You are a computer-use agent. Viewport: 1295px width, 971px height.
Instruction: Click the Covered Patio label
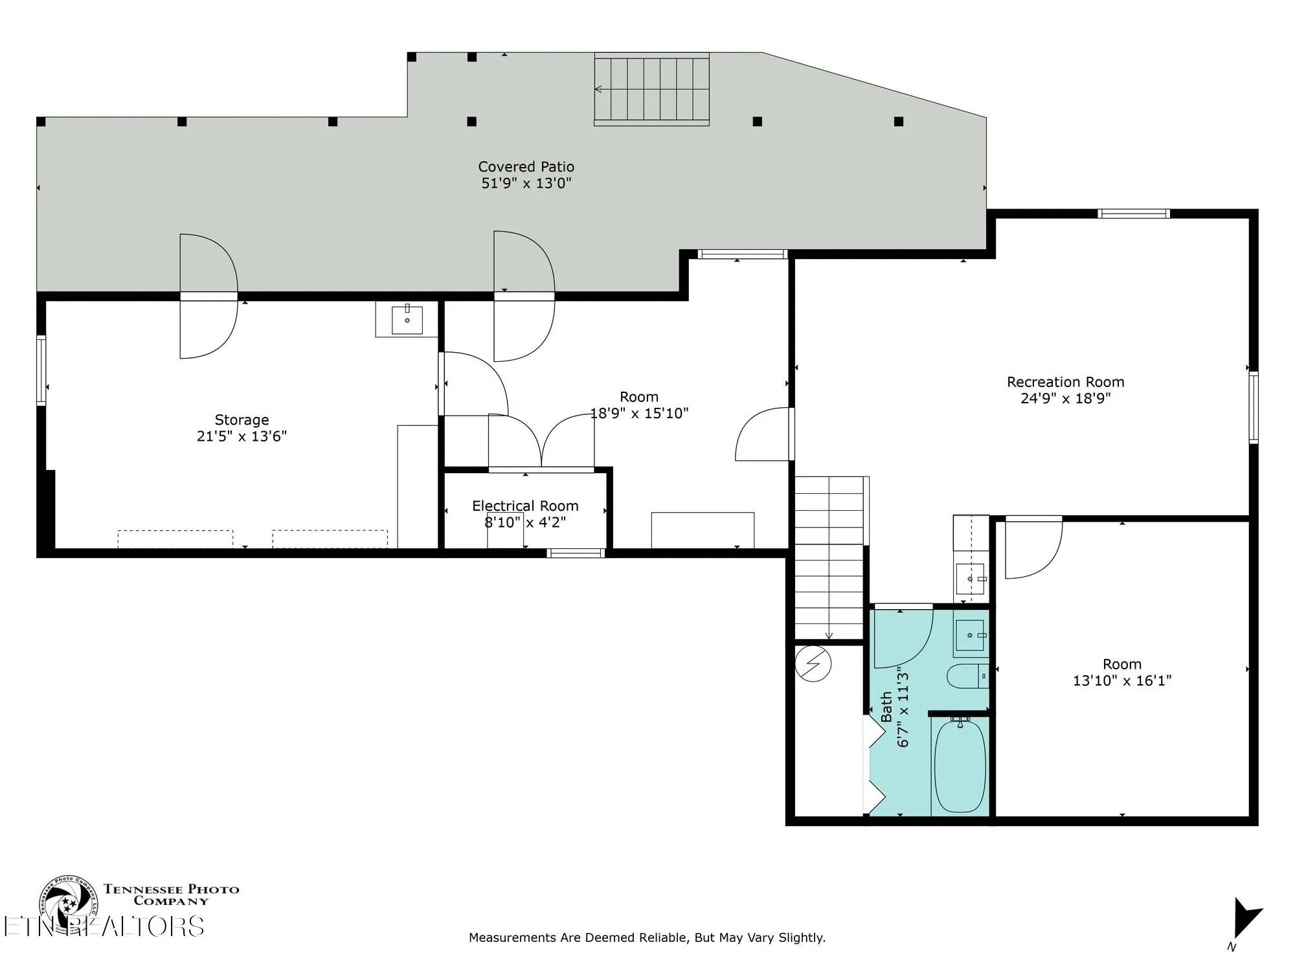tap(526, 167)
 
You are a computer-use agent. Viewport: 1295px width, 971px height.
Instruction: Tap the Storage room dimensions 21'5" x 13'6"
tap(242, 436)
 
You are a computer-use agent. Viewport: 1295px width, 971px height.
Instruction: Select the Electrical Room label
tap(525, 506)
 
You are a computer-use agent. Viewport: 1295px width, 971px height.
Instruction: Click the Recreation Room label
tap(1065, 382)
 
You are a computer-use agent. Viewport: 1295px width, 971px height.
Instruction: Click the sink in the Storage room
tap(407, 320)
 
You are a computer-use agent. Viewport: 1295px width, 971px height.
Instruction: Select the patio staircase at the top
tap(651, 89)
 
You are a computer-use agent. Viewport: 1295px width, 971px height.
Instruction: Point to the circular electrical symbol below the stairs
tap(813, 664)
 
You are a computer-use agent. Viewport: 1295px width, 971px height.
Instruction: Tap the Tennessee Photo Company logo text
tap(171, 895)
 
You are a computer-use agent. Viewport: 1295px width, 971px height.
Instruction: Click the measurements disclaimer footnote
tap(647, 937)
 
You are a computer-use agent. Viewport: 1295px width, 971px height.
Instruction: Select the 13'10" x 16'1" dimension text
tap(1122, 680)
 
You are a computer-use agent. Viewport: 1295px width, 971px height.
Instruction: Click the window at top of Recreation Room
tap(1133, 214)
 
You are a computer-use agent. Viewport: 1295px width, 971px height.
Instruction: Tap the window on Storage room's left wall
tap(41, 370)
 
